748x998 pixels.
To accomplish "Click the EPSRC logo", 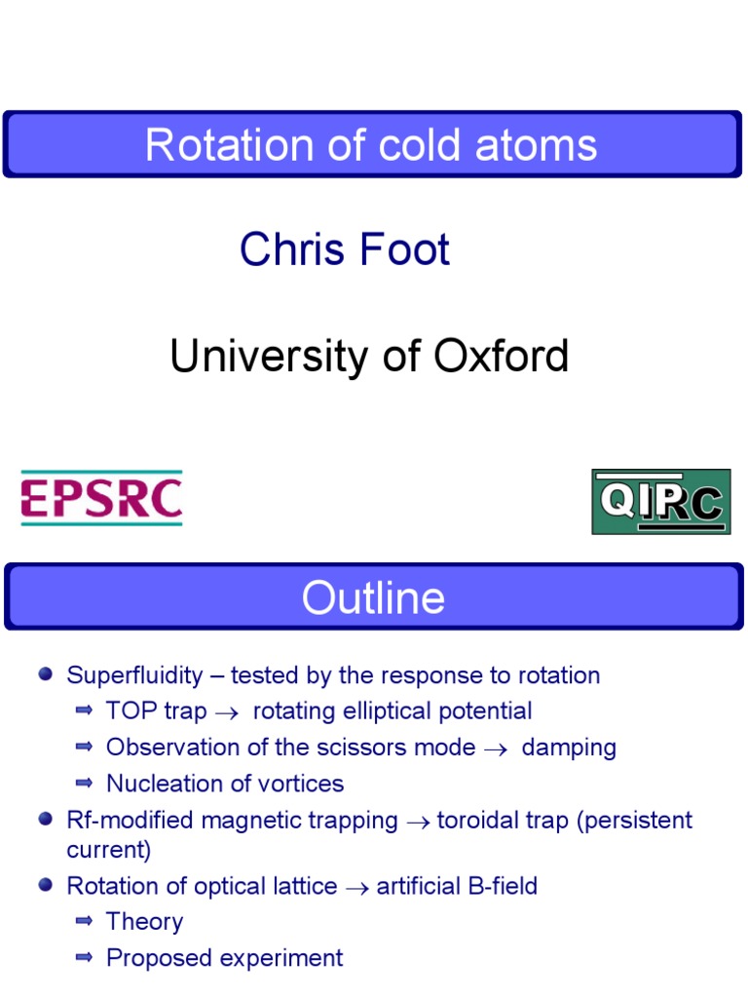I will [101, 499].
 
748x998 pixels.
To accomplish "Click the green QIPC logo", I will [660, 501].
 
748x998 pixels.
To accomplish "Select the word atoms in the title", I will [542, 145].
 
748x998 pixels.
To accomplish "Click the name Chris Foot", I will [345, 249].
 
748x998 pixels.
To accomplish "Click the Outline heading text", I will [373, 597].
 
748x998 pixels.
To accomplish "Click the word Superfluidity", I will [134, 675].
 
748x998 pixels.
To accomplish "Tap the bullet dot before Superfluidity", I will [45, 674].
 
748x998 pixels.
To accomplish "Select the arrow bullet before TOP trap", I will [84, 710].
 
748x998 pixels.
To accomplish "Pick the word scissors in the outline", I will [383, 748].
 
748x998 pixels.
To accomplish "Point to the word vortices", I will [305, 784].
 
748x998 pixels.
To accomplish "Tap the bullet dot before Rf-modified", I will [45, 820].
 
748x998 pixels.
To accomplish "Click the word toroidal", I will [482, 821].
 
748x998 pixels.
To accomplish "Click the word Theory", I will [144, 922].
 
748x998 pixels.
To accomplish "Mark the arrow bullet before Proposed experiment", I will [84, 957].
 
